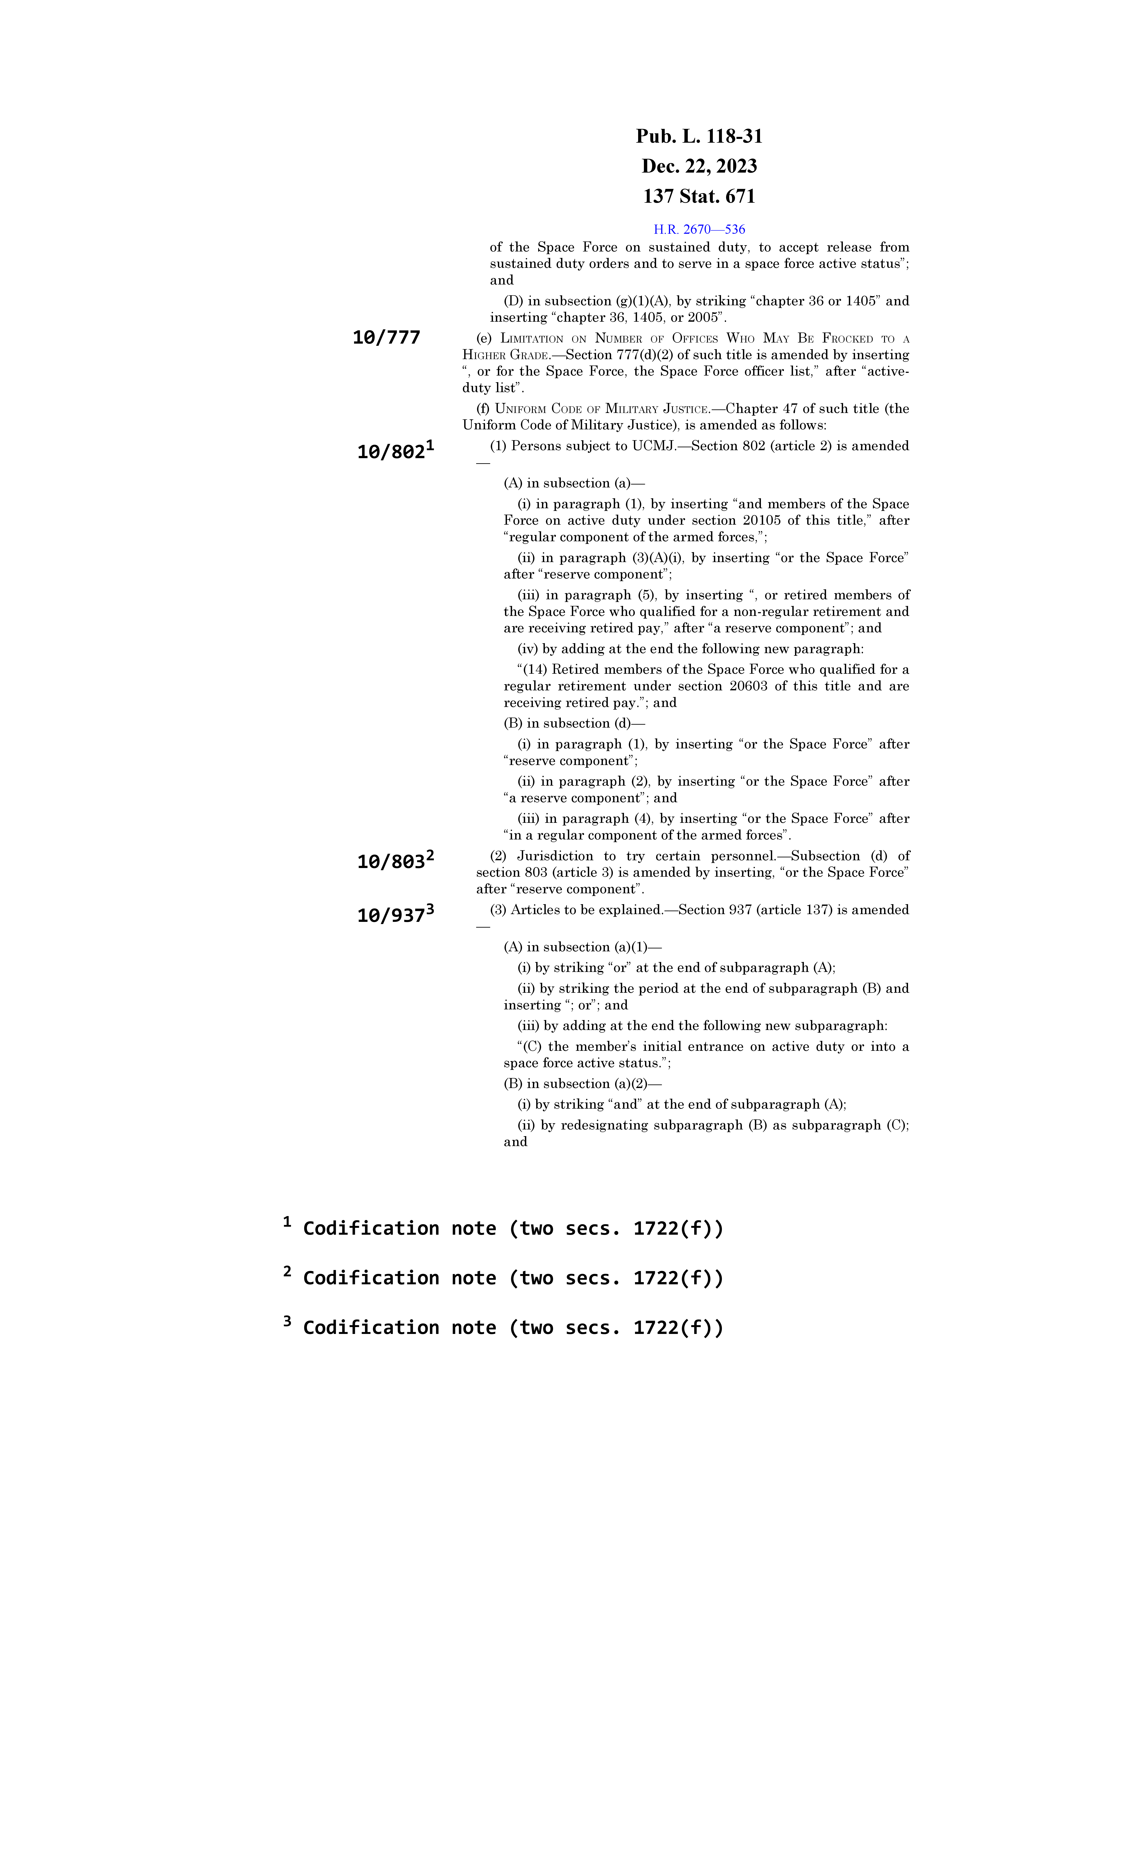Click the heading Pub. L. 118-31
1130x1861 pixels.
coord(699,137)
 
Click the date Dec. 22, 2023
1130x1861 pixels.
coord(699,166)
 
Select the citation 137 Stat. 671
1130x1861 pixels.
coord(699,196)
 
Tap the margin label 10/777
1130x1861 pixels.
coord(386,338)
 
